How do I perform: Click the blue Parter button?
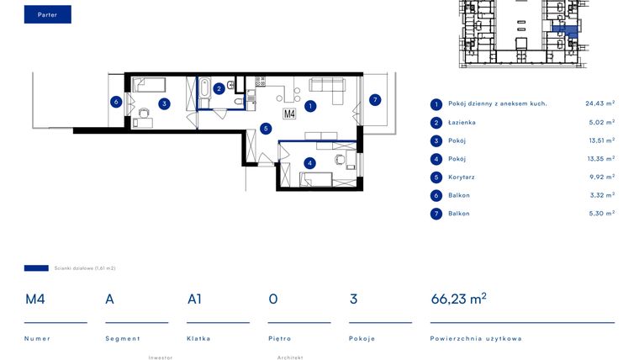click(48, 14)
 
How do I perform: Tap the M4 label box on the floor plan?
click(289, 114)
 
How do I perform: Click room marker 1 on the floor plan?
click(310, 107)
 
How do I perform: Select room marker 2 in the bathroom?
click(219, 88)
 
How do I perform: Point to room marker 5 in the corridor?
click(266, 129)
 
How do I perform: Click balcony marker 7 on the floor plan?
click(375, 100)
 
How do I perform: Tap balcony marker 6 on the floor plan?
click(116, 102)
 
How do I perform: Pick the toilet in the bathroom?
click(239, 101)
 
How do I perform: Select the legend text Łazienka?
click(462, 122)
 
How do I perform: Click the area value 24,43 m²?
click(599, 103)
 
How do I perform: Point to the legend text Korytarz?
click(462, 177)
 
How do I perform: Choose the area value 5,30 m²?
click(601, 214)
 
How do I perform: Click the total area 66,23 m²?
click(458, 299)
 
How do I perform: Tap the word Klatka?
click(198, 338)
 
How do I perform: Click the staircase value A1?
click(194, 299)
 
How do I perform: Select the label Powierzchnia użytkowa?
click(476, 338)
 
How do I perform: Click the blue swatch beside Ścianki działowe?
click(36, 268)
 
